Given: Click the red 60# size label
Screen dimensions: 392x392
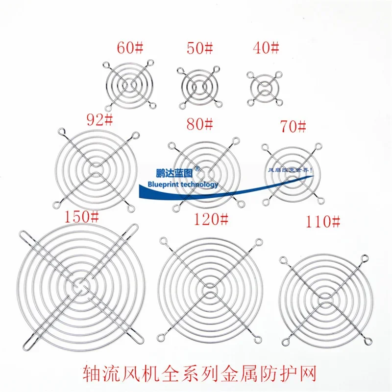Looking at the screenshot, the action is tap(129, 48).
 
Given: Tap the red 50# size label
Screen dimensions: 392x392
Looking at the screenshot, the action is tap(199, 48).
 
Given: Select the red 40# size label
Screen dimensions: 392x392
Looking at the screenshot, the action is tap(266, 48).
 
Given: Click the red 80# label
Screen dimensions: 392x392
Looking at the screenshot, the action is tap(199, 124).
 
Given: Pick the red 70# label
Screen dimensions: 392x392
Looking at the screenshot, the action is tap(293, 127).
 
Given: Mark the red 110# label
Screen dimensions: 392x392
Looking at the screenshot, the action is tap(322, 223).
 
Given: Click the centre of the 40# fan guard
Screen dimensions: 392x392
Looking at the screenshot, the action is tap(266, 89).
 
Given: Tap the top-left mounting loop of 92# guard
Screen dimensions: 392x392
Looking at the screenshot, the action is tap(61, 131).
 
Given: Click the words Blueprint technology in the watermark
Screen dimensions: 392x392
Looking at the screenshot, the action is tap(182, 184).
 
